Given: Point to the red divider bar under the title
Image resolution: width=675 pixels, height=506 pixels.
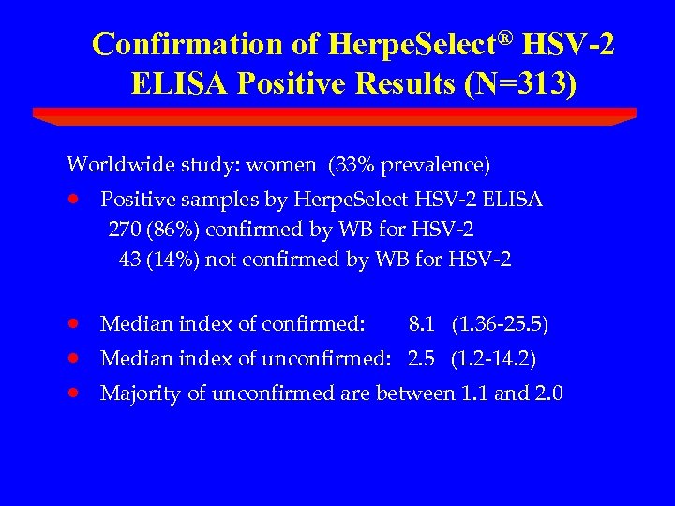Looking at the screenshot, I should click(335, 115).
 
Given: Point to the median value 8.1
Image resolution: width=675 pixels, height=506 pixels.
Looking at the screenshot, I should click(421, 325).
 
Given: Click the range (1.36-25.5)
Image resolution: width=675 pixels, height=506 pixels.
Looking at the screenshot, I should click(500, 325).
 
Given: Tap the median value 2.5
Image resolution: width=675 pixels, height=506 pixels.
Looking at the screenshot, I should click(421, 359).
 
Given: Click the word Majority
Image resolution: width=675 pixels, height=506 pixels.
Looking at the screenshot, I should click(140, 394).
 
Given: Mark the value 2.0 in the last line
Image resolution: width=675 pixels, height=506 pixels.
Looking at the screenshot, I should click(549, 394).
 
